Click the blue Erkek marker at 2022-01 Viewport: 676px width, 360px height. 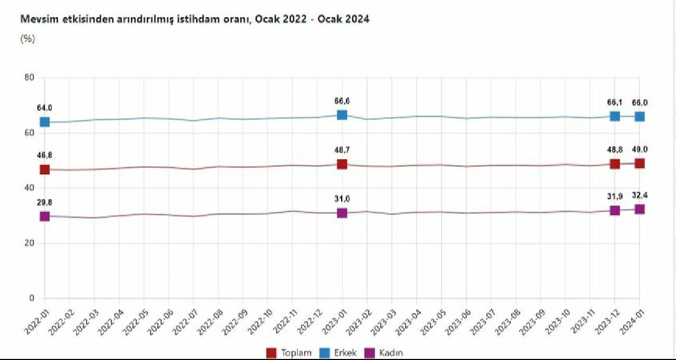[45, 122]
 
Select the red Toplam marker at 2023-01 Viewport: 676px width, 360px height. [342, 164]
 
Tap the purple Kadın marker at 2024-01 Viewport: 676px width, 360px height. [640, 209]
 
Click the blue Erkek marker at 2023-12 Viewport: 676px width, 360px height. [615, 116]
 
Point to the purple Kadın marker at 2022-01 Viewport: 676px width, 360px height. [45, 216]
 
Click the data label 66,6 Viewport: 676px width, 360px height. [342, 101]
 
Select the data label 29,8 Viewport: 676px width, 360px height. [44, 202]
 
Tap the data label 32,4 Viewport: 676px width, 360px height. [640, 195]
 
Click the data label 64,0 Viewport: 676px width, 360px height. [44, 108]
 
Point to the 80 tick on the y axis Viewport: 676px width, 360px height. [29, 78]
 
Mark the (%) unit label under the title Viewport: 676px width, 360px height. [27, 39]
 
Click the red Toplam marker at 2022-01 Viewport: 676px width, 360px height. [45, 169]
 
